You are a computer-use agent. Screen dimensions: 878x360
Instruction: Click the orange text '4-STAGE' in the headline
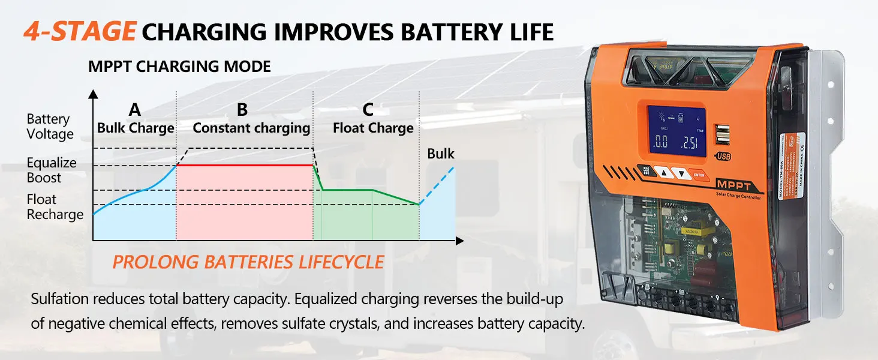click(79, 30)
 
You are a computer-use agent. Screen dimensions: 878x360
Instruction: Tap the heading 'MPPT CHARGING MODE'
click(179, 67)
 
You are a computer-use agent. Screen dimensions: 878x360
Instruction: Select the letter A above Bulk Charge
click(135, 110)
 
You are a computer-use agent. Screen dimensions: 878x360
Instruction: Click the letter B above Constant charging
click(242, 110)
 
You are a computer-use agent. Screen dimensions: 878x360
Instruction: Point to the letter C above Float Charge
click(368, 110)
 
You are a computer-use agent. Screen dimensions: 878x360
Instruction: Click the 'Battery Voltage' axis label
click(50, 127)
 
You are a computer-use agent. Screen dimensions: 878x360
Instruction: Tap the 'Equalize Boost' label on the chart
click(52, 170)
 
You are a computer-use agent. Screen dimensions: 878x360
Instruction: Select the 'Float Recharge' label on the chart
click(55, 207)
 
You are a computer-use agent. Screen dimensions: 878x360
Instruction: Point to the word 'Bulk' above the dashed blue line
click(441, 154)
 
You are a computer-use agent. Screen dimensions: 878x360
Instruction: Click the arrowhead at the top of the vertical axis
click(93, 94)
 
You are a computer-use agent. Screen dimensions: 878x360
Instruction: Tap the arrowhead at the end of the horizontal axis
click(459, 241)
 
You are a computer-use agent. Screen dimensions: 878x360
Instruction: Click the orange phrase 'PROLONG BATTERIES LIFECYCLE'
click(248, 262)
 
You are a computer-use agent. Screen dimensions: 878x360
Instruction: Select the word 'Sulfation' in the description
click(58, 299)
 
